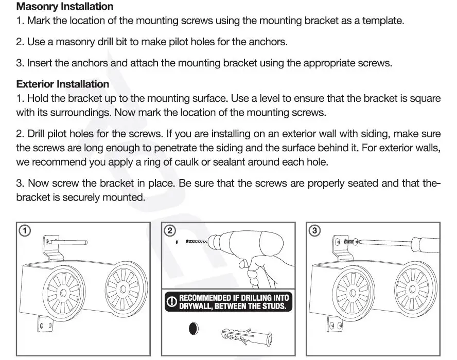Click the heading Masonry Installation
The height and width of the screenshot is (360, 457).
65,7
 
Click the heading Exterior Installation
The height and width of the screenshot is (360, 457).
63,84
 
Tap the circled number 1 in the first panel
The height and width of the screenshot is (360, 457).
24,231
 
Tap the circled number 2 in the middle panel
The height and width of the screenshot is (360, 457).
169,231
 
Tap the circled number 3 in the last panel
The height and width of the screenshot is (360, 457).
314,231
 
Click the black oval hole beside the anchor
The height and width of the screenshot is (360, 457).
195,329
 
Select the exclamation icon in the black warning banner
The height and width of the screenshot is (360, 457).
172,302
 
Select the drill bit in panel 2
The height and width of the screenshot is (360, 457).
196,241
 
